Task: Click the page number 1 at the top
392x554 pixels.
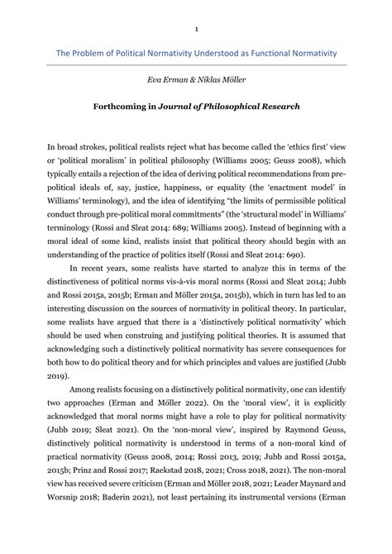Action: click(197, 30)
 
